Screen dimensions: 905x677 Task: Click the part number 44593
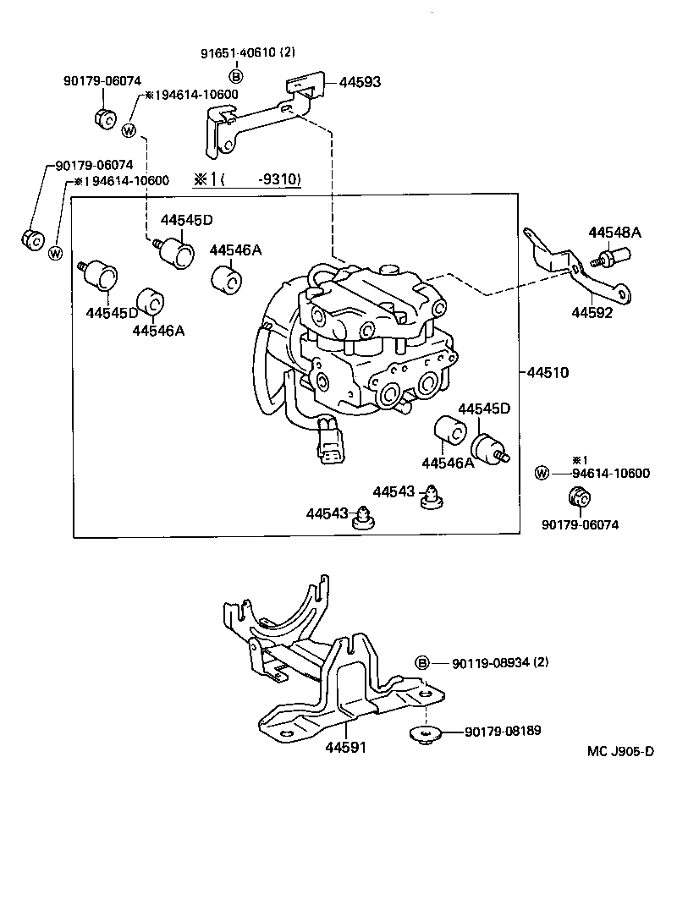pyautogui.click(x=360, y=82)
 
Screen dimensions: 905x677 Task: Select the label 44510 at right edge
pyautogui.click(x=548, y=372)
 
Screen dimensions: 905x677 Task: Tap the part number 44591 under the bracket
pyautogui.click(x=347, y=748)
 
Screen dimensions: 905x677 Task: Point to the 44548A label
pyautogui.click(x=615, y=233)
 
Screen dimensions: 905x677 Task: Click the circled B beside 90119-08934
pyautogui.click(x=422, y=663)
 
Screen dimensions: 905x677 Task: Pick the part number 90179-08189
pyautogui.click(x=503, y=731)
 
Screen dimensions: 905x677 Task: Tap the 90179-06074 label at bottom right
pyautogui.click(x=581, y=524)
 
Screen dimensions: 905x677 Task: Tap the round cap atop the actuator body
pyautogui.click(x=389, y=269)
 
